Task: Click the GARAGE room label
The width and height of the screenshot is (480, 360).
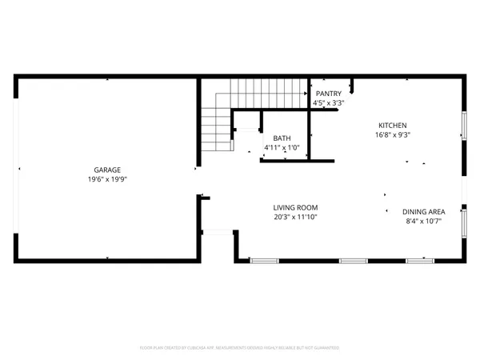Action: tap(106, 170)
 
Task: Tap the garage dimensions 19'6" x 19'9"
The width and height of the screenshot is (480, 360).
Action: tap(106, 179)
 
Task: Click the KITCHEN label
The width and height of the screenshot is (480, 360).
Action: tap(393, 126)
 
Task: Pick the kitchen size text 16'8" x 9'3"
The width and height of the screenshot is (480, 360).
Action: tap(393, 135)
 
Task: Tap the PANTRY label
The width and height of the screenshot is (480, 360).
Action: tap(329, 93)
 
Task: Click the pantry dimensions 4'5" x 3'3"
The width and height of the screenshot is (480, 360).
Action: tap(329, 102)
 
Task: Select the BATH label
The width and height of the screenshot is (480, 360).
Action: tap(282, 138)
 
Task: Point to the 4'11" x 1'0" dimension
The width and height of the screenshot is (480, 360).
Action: tap(282, 147)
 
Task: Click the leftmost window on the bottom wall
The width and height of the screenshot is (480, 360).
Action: tap(262, 261)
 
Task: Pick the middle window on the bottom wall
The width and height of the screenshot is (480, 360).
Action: tap(353, 261)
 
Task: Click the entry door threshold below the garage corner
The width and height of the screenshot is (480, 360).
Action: tap(216, 233)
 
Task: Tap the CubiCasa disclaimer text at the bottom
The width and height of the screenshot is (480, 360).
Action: tap(240, 348)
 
